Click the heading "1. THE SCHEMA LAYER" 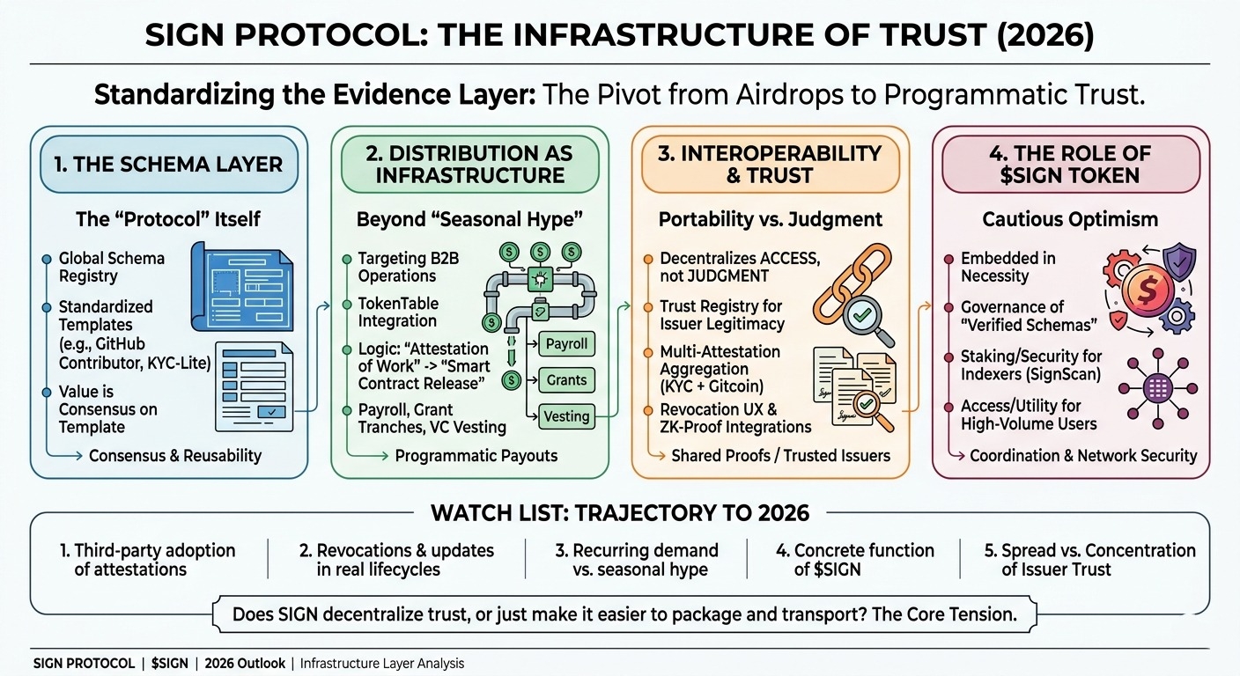(x=168, y=164)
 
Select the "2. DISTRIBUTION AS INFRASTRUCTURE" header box (x=469, y=164)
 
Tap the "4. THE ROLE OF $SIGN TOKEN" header (x=1071, y=164)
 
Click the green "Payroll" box (x=567, y=343)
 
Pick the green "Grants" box (x=567, y=380)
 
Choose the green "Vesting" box (x=567, y=416)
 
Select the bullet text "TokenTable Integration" (x=397, y=312)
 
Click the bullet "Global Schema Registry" (x=111, y=267)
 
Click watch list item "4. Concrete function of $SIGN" (x=854, y=560)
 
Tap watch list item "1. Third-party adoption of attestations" (x=147, y=560)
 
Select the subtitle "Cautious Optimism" (x=1071, y=218)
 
